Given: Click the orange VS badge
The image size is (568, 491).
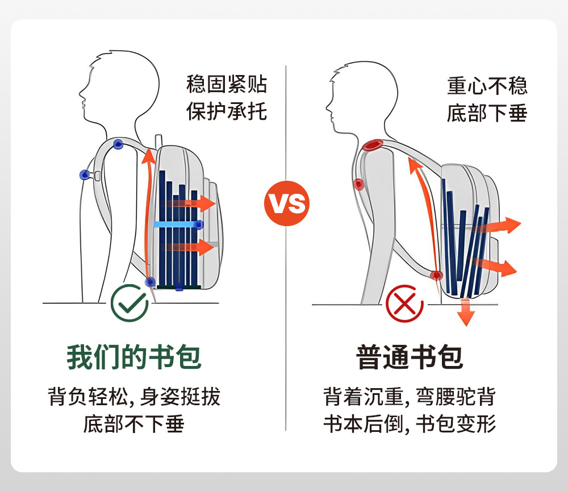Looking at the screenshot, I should (x=287, y=203).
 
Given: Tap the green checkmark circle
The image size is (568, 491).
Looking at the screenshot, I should (x=130, y=302).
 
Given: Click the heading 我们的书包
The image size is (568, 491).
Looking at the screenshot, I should (x=134, y=357).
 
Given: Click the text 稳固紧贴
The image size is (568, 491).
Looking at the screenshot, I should (x=227, y=85).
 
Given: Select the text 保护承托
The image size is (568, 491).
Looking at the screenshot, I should (x=227, y=111).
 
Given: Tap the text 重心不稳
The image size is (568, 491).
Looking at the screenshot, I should (x=487, y=86).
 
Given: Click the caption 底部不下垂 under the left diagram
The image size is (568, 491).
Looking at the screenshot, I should (x=134, y=424).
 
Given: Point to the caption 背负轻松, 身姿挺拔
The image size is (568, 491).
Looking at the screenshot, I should (x=134, y=397).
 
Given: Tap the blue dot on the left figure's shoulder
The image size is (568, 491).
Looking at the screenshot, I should (x=118, y=144).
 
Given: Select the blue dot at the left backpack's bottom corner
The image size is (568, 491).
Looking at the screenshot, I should (x=151, y=281).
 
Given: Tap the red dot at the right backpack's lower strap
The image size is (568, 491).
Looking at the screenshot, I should (x=436, y=276).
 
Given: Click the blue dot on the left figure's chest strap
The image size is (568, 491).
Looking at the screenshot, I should (x=85, y=174).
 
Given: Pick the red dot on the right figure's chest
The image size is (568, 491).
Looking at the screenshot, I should (x=358, y=184).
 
